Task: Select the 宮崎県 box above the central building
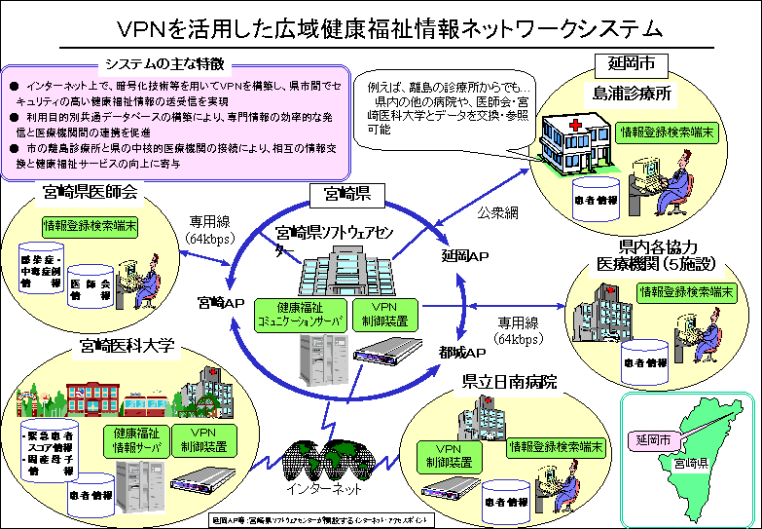340,195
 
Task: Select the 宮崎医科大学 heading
127,345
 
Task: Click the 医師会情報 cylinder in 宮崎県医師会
91,283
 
